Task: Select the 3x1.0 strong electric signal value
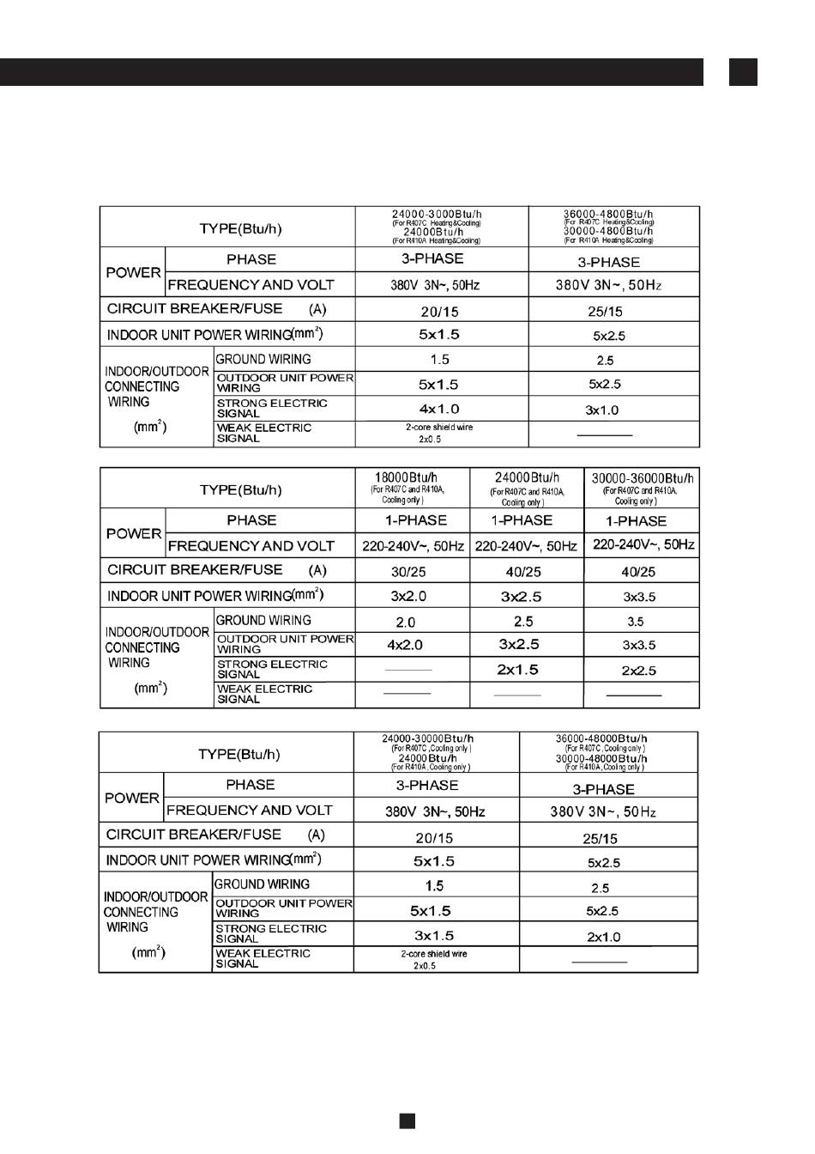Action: coord(602,410)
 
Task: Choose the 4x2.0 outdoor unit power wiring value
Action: coord(405,645)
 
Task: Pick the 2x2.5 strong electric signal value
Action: coord(638,671)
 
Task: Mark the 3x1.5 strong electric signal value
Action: coord(433,935)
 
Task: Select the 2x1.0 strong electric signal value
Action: coord(604,937)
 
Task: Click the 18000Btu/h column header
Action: coord(407,477)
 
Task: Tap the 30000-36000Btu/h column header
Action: coord(642,478)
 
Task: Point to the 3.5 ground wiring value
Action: coord(635,622)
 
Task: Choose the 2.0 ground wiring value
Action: coord(406,622)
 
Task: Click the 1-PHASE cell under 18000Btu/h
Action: coord(415,520)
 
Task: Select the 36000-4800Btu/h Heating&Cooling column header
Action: coord(608,215)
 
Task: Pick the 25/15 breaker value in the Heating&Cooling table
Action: coord(606,312)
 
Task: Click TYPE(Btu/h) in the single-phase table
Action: coord(240,490)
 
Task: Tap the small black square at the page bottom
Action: coord(407,1121)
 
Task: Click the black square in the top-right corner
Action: coord(743,72)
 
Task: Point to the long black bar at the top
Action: coord(352,72)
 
